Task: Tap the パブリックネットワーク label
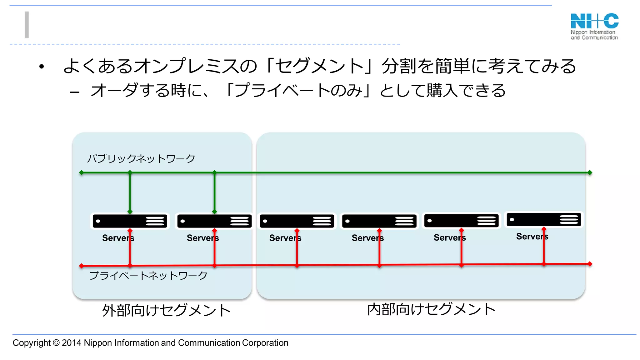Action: click(141, 158)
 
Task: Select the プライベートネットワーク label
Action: click(148, 275)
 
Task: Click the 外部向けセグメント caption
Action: click(166, 310)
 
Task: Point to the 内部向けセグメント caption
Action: click(431, 309)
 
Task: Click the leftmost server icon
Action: click(130, 221)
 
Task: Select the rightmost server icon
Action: click(544, 219)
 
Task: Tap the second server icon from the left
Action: click(214, 221)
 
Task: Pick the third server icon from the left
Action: click(297, 221)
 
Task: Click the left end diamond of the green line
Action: click(81, 172)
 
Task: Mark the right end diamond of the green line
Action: click(590, 172)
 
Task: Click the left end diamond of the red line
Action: click(81, 266)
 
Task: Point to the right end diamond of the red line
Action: click(590, 264)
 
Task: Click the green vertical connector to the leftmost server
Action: click(130, 192)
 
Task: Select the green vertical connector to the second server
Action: click(214, 192)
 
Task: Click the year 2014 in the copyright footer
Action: click(72, 343)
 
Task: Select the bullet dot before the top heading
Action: click(42, 66)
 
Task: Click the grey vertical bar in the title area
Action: click(27, 25)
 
